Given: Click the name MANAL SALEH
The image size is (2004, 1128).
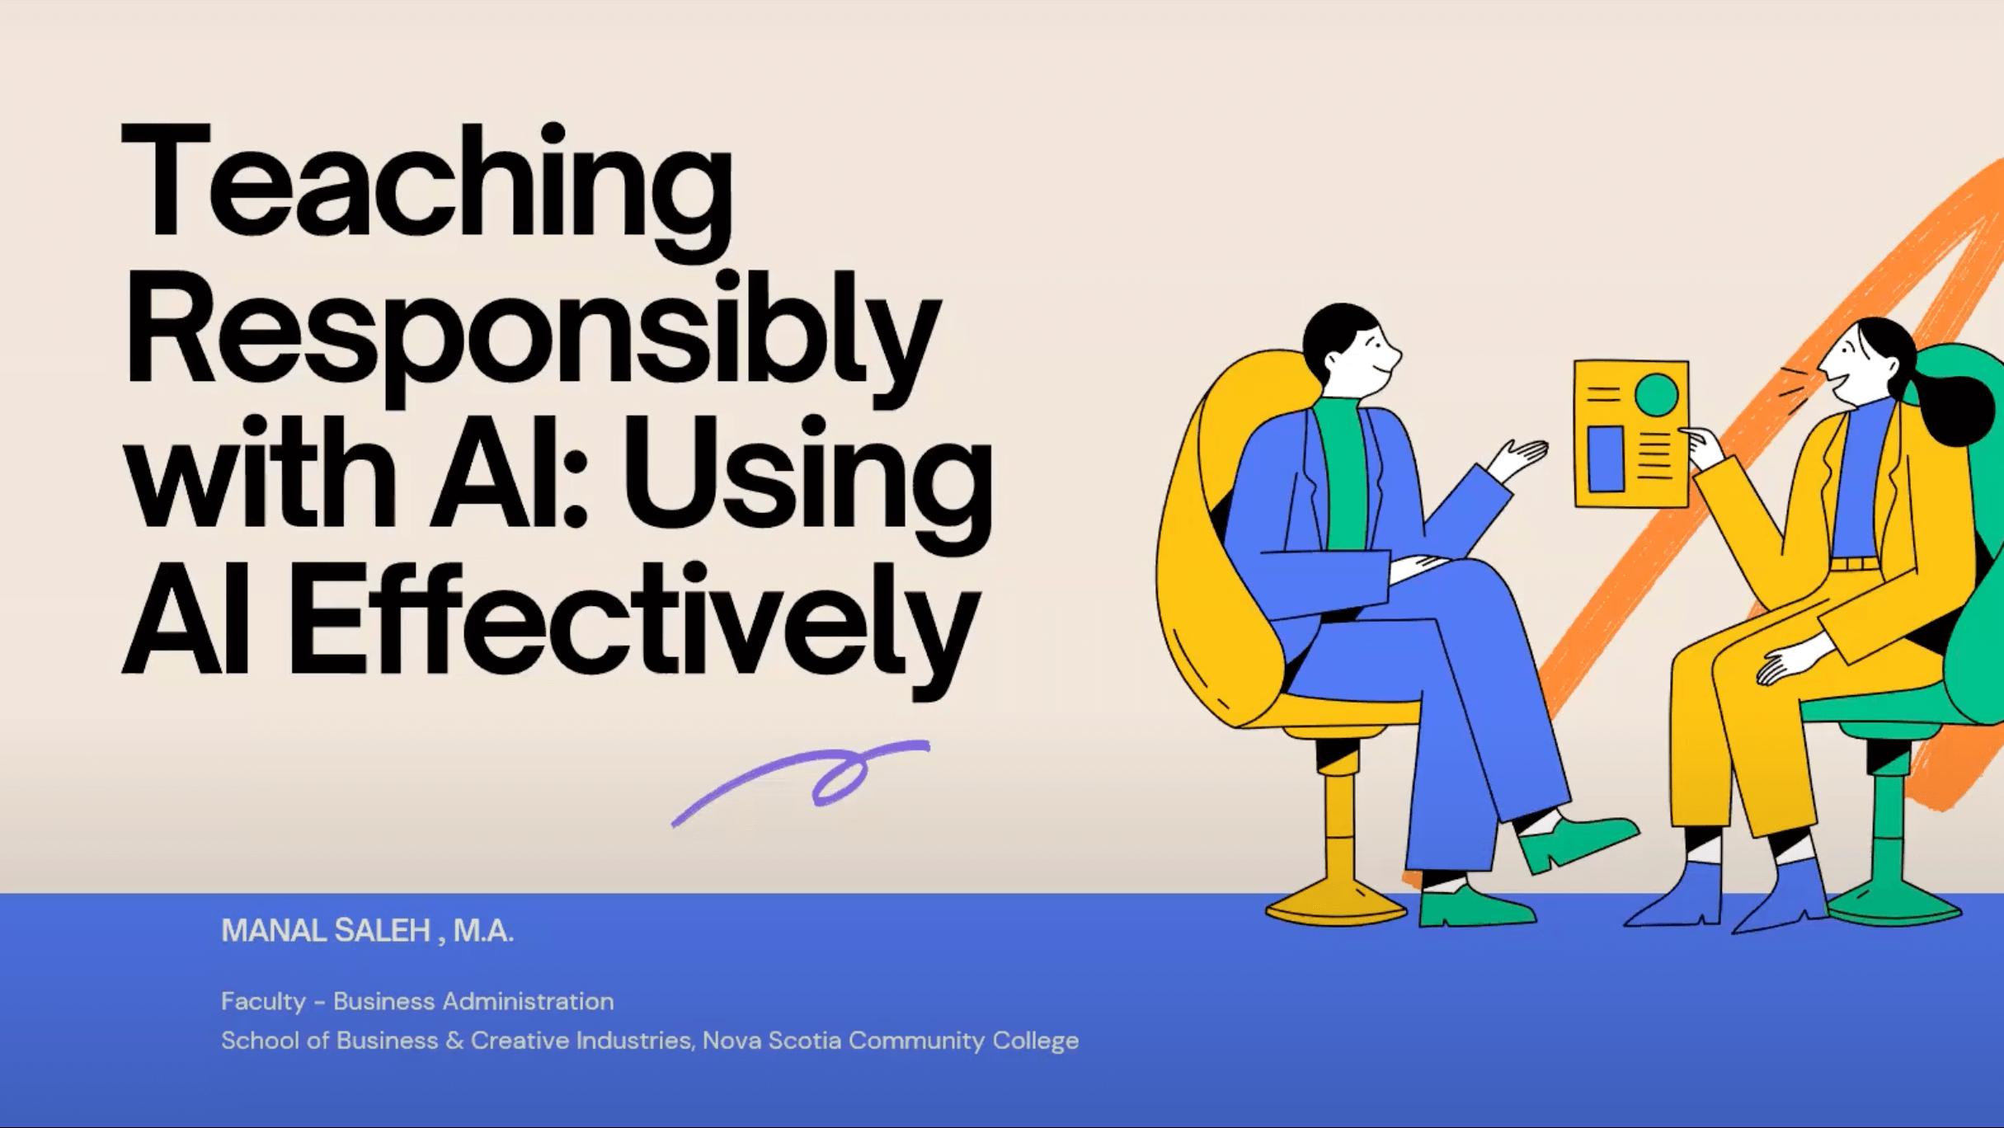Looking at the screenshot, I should [x=326, y=931].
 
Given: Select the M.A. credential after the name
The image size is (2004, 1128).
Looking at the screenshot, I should [x=483, y=931].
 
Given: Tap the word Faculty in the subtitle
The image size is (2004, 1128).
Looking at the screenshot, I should [x=263, y=1001].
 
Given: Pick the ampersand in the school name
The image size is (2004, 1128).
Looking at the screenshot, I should [x=454, y=1041].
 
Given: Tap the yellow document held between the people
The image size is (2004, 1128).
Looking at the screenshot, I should [x=1630, y=434].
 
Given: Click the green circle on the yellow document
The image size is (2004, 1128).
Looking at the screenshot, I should [x=1656, y=395].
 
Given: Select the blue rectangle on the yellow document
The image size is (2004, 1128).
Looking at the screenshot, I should [x=1605, y=458].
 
